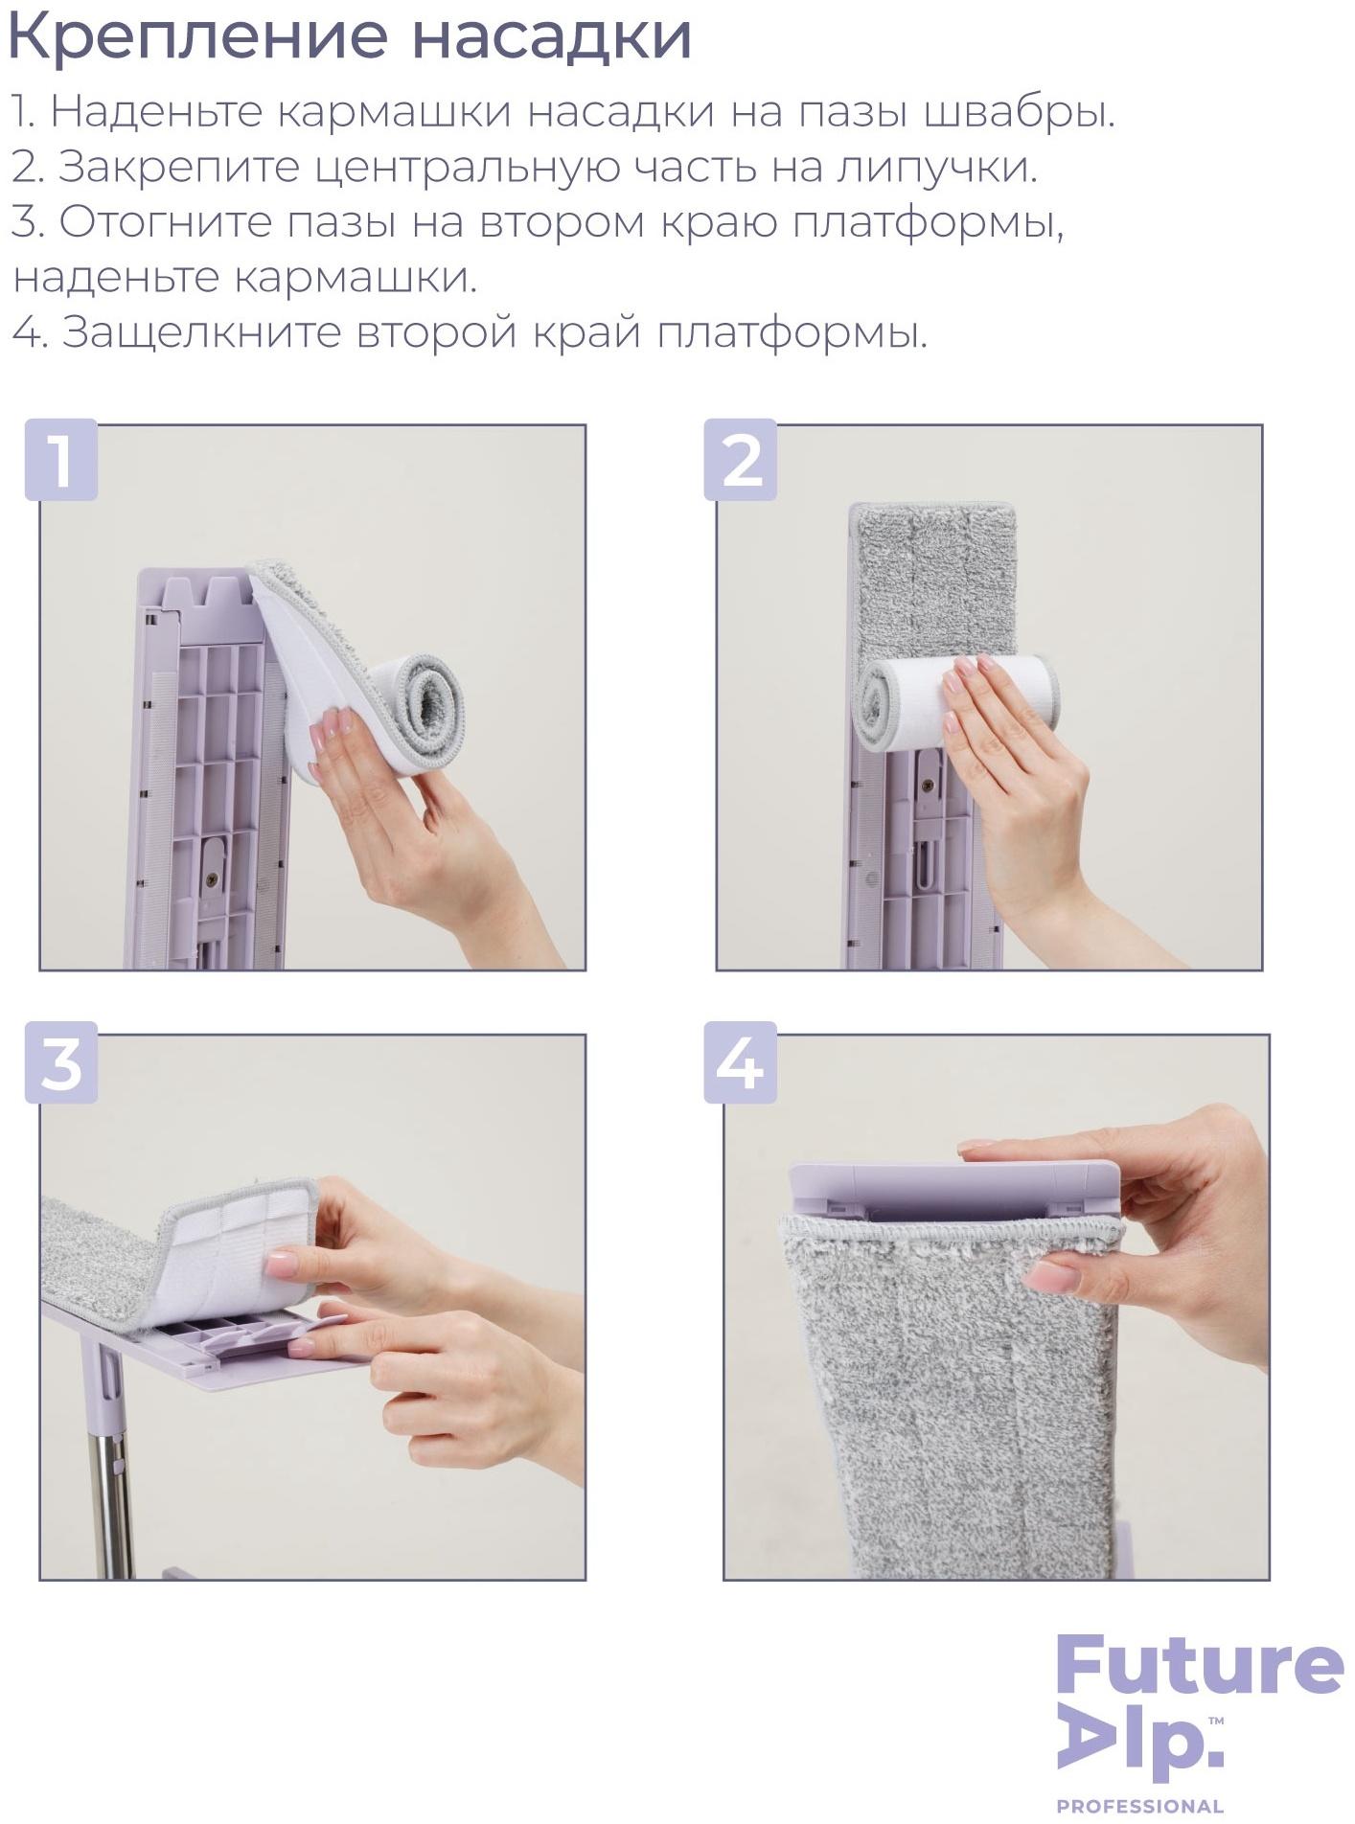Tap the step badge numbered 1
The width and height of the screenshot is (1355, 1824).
(61, 460)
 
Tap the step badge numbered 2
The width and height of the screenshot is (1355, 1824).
(740, 460)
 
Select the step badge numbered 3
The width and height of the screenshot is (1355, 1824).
(61, 1063)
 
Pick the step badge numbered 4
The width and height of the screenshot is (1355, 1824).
(740, 1063)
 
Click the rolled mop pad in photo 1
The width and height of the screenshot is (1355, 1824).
(425, 705)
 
